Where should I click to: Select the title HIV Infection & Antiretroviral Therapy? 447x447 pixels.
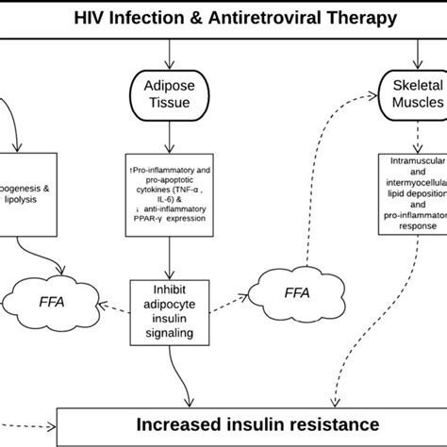[x=223, y=18]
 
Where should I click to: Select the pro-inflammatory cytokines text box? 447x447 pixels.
[x=168, y=193]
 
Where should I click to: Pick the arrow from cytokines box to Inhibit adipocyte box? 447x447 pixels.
[x=168, y=254]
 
